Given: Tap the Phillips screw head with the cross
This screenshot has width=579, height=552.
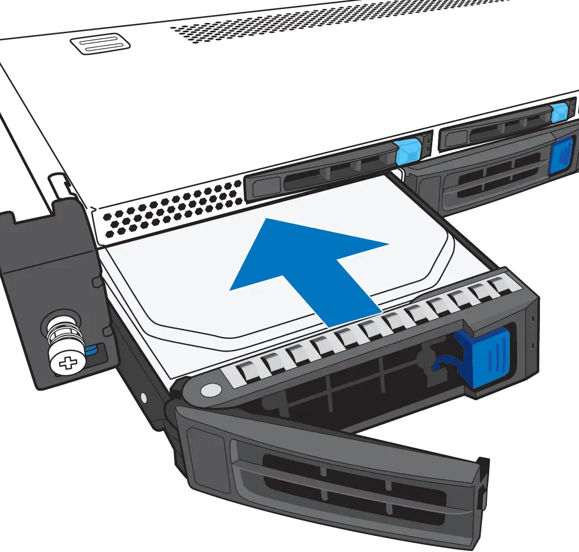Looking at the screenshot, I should (x=69, y=363).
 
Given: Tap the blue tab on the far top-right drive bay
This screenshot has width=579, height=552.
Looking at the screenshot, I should (x=559, y=113).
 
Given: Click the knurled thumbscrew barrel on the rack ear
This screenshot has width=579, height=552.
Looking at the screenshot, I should (x=61, y=335).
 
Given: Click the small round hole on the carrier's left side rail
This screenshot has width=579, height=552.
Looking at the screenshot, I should (x=144, y=397).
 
